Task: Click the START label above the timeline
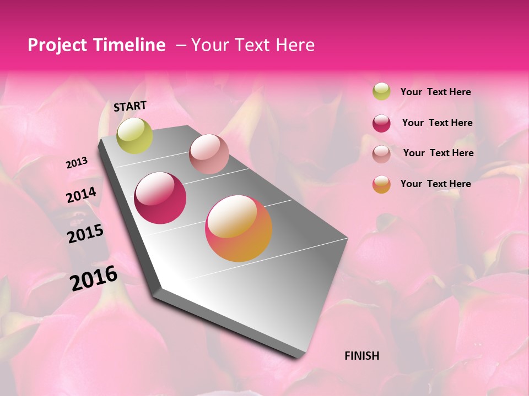pyautogui.click(x=130, y=106)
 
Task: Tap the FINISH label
pyautogui.click(x=361, y=356)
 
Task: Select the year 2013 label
pyautogui.click(x=77, y=163)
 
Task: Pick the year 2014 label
pyautogui.click(x=81, y=195)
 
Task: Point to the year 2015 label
pyautogui.click(x=85, y=234)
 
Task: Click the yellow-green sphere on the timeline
pyautogui.click(x=134, y=136)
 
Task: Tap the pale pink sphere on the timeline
pyautogui.click(x=209, y=154)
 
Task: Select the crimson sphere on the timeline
pyautogui.click(x=160, y=198)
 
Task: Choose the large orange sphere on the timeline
pyautogui.click(x=239, y=228)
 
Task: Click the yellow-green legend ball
pyautogui.click(x=381, y=91)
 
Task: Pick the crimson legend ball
pyautogui.click(x=381, y=123)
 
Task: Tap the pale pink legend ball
pyautogui.click(x=381, y=154)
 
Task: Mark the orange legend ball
pyautogui.click(x=381, y=184)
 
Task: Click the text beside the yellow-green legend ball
pyautogui.click(x=435, y=92)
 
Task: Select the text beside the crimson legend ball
pyautogui.click(x=437, y=123)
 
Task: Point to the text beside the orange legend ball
pyautogui.click(x=435, y=184)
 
